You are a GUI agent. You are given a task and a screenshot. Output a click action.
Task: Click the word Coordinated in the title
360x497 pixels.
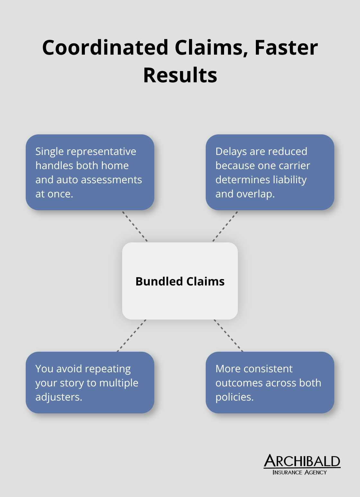(105, 48)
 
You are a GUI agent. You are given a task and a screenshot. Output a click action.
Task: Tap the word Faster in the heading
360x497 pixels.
(286, 48)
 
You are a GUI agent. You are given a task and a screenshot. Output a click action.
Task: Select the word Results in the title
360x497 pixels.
(180, 75)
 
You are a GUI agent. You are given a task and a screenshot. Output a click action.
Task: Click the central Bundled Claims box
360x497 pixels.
(180, 281)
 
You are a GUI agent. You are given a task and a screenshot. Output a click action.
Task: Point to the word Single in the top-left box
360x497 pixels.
(50, 151)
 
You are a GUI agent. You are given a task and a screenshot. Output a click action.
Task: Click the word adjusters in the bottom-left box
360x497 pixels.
(59, 397)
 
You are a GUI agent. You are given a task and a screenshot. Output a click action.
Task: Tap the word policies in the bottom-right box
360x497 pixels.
(234, 397)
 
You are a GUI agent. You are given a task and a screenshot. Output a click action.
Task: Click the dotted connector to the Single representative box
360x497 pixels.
(135, 226)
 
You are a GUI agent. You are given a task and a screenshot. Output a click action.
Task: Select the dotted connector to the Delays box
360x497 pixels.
(225, 226)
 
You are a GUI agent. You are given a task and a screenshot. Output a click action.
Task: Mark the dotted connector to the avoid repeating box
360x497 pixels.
(131, 336)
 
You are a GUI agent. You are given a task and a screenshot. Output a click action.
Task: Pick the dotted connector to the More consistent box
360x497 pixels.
(229, 336)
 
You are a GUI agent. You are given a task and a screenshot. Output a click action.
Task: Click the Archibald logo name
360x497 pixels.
(302, 461)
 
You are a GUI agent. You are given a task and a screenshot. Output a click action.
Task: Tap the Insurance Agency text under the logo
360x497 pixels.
(300, 472)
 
